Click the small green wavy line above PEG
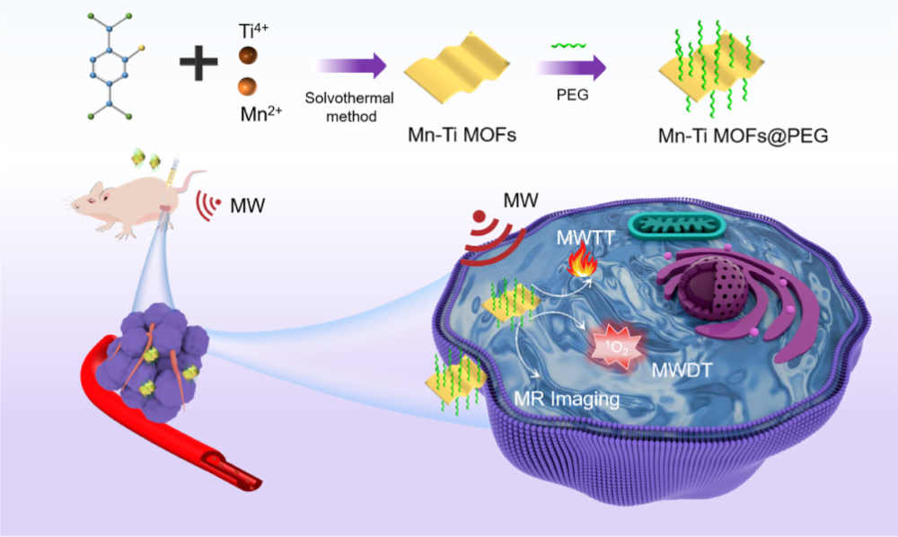pos(564,44)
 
